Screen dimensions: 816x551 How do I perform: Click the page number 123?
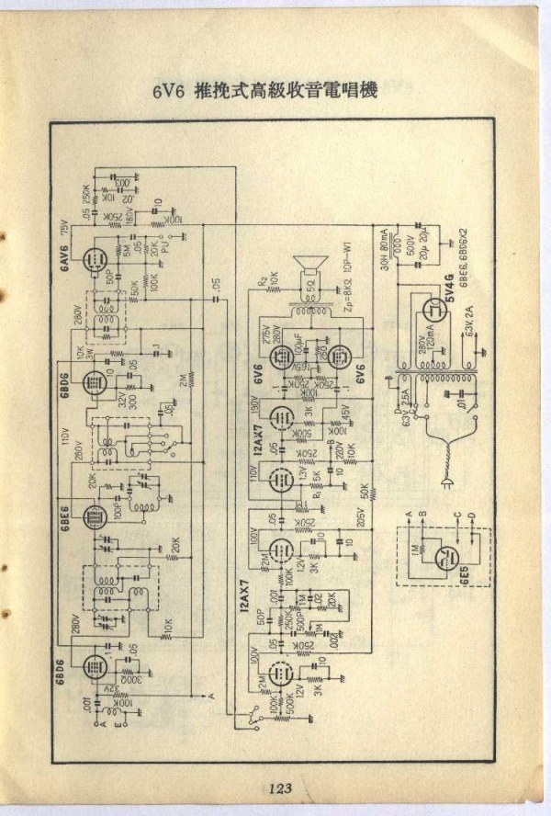[280, 788]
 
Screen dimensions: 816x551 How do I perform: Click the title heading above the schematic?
[266, 92]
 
